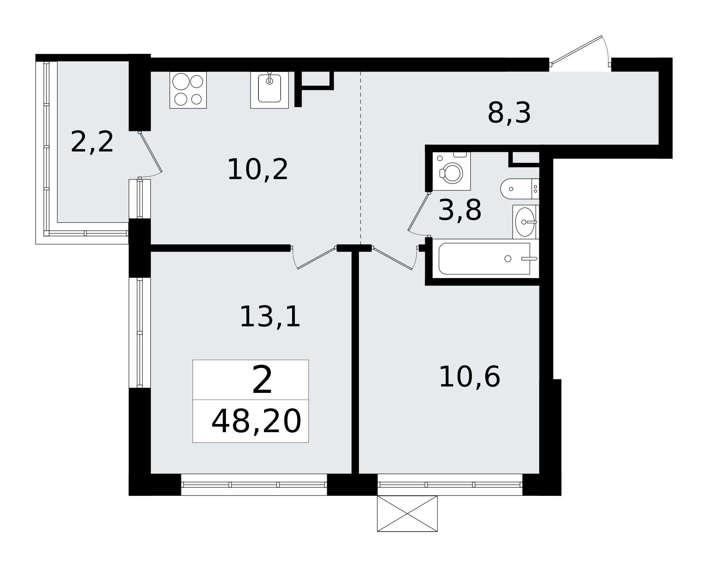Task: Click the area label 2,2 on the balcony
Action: (92, 142)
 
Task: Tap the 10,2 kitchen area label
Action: (258, 170)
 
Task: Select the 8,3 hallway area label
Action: (509, 113)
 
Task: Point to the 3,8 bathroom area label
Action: (460, 210)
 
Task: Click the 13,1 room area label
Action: (270, 317)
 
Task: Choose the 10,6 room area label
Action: (469, 377)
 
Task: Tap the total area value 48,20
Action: (256, 421)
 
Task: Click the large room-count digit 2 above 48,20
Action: (262, 380)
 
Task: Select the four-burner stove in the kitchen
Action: (188, 90)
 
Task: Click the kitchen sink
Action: (269, 90)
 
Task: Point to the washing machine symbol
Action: (452, 171)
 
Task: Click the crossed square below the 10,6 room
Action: (407, 514)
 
